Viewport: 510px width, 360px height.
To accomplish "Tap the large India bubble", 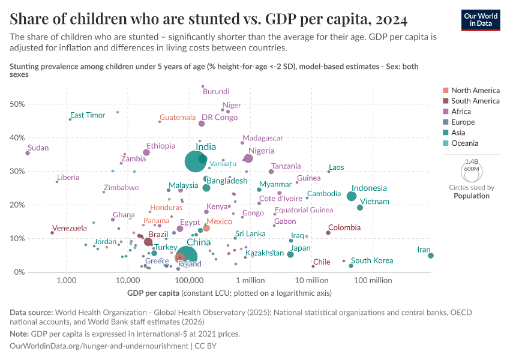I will [x=196, y=161].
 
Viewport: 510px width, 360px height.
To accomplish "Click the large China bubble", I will [x=187, y=257].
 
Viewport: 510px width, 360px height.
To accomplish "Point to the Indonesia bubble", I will [x=352, y=196].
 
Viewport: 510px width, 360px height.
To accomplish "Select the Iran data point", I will [x=431, y=256].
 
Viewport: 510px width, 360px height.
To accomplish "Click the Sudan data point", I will [x=28, y=153].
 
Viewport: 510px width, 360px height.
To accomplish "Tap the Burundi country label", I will [x=216, y=92].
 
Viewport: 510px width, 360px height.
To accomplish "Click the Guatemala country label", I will [x=178, y=118].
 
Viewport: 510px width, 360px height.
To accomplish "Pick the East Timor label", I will [x=88, y=115].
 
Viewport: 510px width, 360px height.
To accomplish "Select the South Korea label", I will [x=372, y=260].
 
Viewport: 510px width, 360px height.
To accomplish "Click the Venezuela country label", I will [x=70, y=228].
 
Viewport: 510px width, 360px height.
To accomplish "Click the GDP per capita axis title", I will [x=153, y=293].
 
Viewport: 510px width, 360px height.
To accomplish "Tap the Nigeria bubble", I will [x=248, y=158].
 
